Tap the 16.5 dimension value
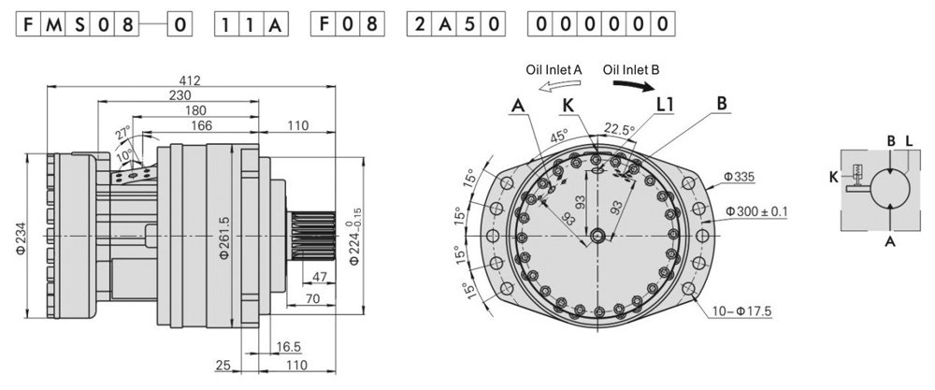coord(289,346)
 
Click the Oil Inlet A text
coord(554,68)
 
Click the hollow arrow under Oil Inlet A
coord(553,86)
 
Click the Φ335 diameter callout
coord(740,176)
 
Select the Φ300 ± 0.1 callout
coord(755,211)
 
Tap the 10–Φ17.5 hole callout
coord(745,310)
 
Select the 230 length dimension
coord(180,95)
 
